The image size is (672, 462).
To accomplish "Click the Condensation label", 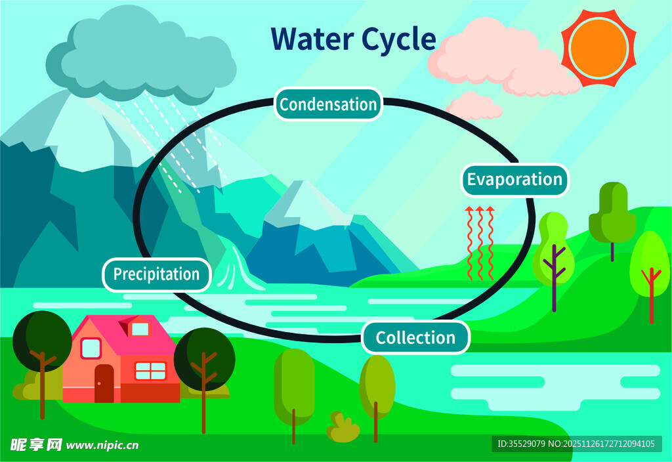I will point(328,104).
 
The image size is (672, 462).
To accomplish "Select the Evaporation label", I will point(514,180).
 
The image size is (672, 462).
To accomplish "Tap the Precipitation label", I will point(156,274).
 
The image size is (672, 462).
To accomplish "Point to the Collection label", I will point(415,338).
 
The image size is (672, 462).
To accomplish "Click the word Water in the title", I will point(311,39).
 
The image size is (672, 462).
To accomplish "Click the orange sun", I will point(598,47).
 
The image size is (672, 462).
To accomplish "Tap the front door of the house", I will point(104,383).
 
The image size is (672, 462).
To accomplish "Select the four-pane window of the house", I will point(150,371).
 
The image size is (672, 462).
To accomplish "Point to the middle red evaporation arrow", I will point(480,243).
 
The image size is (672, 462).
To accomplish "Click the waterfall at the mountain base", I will point(232,269).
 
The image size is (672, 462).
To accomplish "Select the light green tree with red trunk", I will point(649,269).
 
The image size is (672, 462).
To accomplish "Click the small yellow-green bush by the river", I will point(343,429).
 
